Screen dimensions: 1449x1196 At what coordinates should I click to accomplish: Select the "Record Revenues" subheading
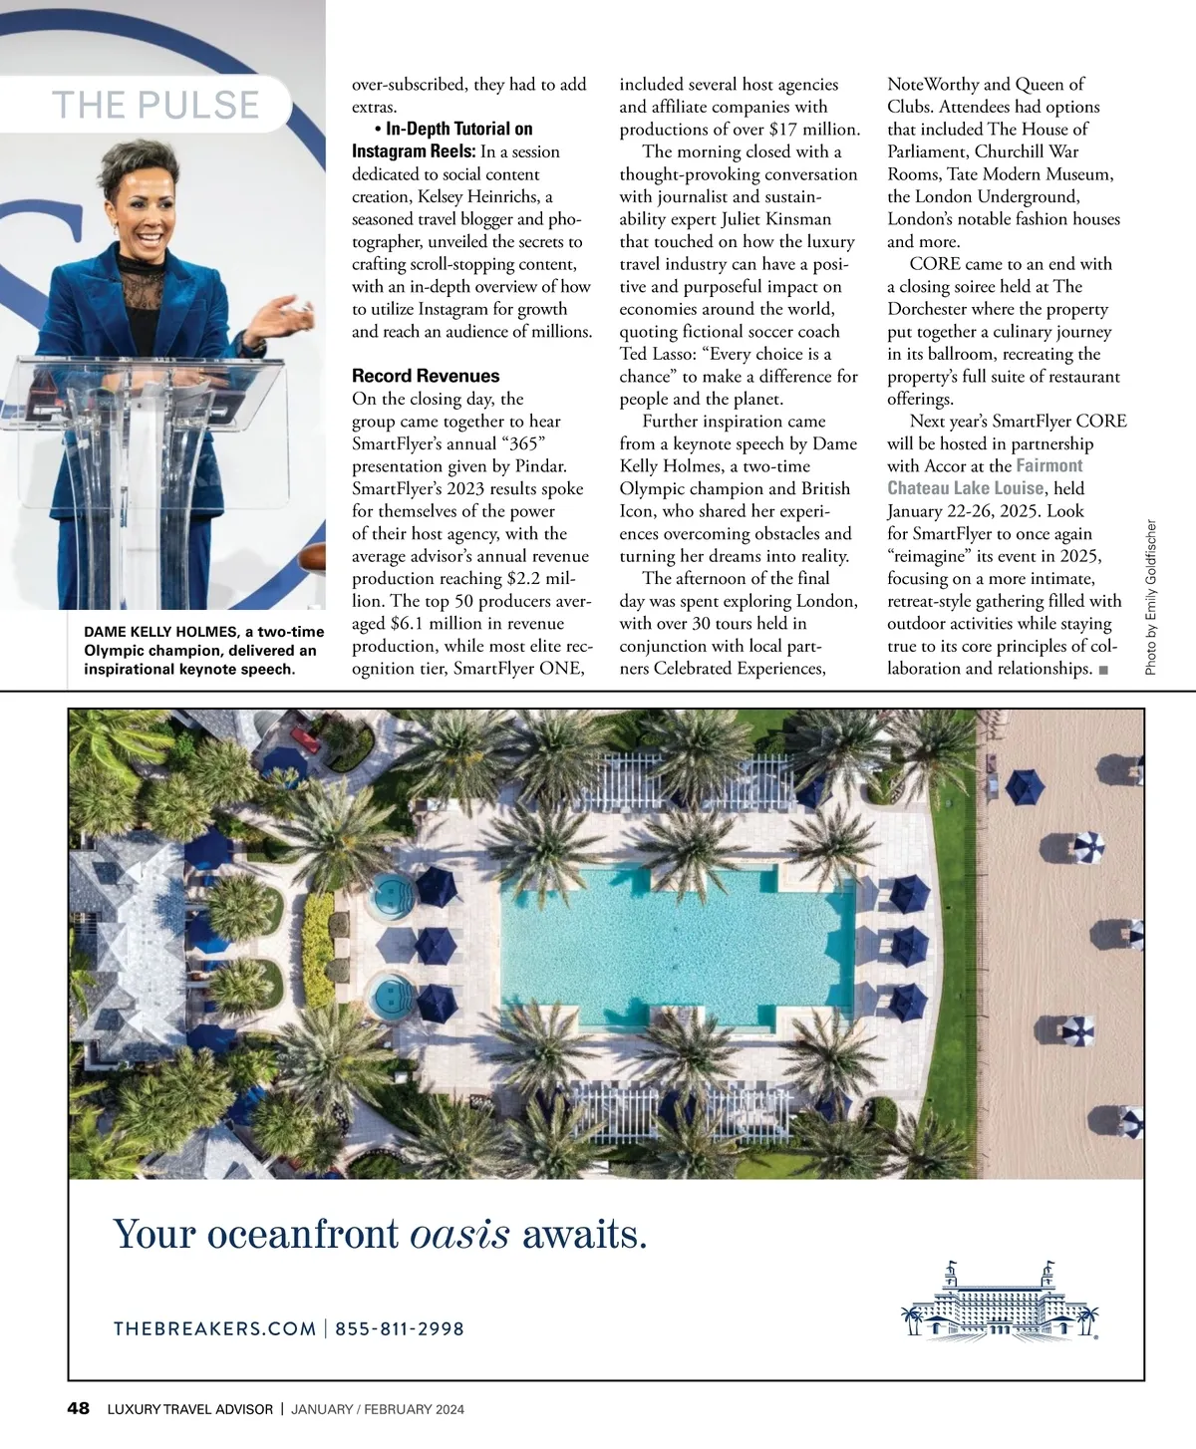pyautogui.click(x=426, y=376)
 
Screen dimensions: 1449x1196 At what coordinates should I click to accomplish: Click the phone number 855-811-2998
pyautogui.click(x=400, y=1328)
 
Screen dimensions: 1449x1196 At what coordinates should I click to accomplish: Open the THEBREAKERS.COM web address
pyautogui.click(x=214, y=1328)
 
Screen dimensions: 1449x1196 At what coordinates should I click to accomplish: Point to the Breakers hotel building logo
pyautogui.click(x=999, y=1300)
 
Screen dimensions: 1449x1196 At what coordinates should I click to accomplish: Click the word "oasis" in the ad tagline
pyautogui.click(x=459, y=1235)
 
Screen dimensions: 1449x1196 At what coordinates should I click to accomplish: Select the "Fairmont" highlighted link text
pyautogui.click(x=1048, y=465)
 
